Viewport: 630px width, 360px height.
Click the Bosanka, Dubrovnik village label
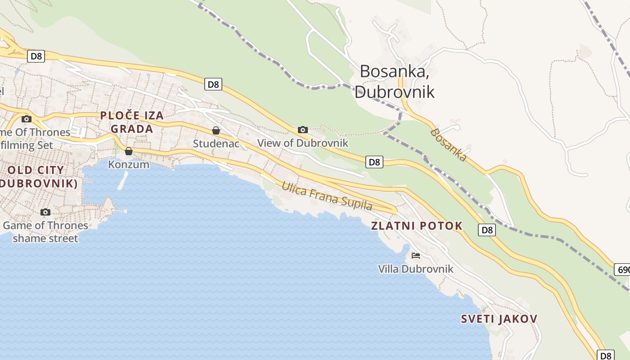(395, 81)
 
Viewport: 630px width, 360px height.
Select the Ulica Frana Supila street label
(327, 196)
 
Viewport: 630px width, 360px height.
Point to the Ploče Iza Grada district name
(131, 122)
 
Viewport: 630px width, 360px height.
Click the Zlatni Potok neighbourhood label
(417, 226)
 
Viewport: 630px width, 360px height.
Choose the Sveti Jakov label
(499, 319)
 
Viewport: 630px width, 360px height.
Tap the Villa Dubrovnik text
(415, 269)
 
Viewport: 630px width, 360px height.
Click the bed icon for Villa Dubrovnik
(416, 256)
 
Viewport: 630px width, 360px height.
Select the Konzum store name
(129, 164)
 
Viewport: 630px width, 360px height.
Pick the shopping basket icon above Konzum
(129, 151)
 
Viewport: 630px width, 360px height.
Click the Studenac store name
(216, 143)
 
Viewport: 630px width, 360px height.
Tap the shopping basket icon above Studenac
(216, 130)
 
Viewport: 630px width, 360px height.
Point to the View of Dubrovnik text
(303, 143)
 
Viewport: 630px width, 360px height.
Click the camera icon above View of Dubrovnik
(303, 130)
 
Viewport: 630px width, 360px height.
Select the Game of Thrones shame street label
(45, 231)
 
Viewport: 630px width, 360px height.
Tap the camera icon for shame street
(45, 212)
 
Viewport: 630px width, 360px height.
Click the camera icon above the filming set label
(27, 119)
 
